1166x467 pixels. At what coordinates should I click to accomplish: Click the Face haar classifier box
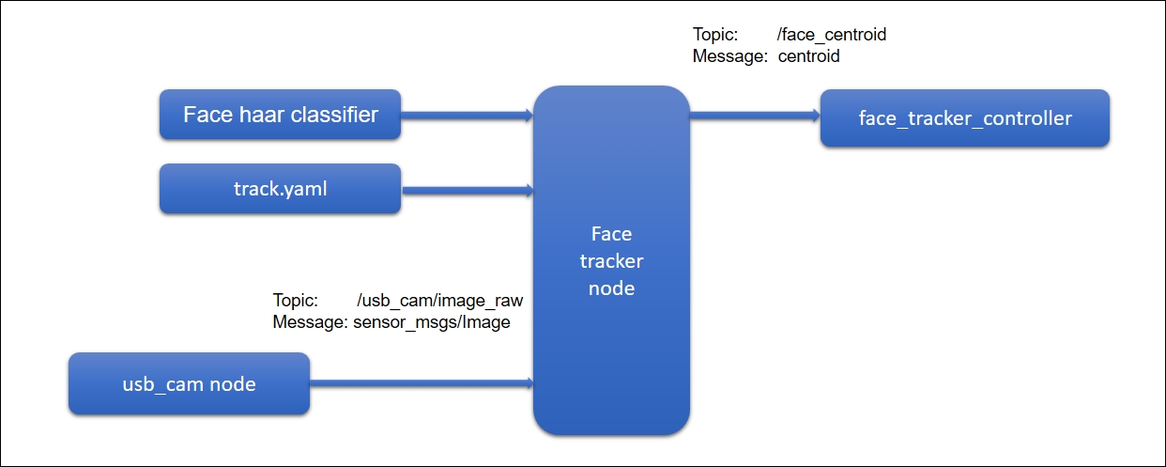pyautogui.click(x=280, y=114)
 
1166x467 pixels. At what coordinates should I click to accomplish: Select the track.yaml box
pyautogui.click(x=280, y=189)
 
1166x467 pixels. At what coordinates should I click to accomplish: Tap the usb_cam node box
pyautogui.click(x=189, y=383)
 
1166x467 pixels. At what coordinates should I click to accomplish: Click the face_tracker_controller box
pyautogui.click(x=965, y=118)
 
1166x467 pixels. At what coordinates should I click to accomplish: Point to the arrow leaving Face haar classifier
pyautogui.click(x=467, y=116)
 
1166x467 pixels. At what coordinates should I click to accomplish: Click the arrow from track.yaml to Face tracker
pyautogui.click(x=468, y=190)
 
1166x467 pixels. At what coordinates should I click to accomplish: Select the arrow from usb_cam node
pyautogui.click(x=422, y=383)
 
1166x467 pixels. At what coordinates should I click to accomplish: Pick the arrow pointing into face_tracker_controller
pyautogui.click(x=755, y=116)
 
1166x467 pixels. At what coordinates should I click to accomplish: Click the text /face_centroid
pyautogui.click(x=831, y=35)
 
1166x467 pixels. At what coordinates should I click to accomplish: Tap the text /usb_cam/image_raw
pyautogui.click(x=440, y=301)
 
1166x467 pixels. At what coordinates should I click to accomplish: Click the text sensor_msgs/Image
pyautogui.click(x=432, y=322)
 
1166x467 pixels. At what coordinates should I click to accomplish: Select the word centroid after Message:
pyautogui.click(x=808, y=55)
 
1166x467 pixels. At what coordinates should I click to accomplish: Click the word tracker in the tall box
pyautogui.click(x=611, y=261)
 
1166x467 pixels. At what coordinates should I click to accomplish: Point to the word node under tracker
pyautogui.click(x=611, y=288)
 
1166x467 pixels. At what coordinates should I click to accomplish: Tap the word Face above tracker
pyautogui.click(x=611, y=234)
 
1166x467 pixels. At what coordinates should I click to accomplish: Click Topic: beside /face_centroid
pyautogui.click(x=715, y=35)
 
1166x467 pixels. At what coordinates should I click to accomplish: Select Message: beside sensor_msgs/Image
pyautogui.click(x=310, y=322)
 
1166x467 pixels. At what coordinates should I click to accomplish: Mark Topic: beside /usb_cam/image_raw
pyautogui.click(x=295, y=301)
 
